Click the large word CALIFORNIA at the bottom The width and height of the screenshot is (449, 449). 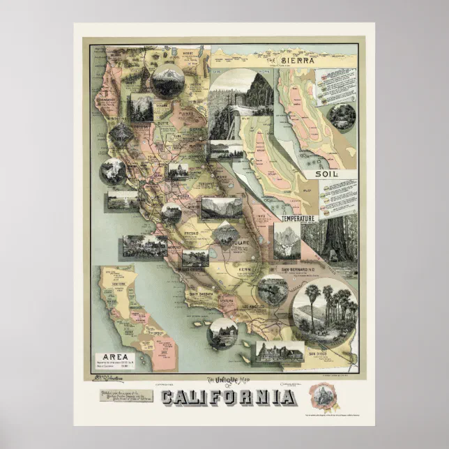click(227, 397)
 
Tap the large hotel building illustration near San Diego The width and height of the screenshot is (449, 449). click(279, 352)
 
